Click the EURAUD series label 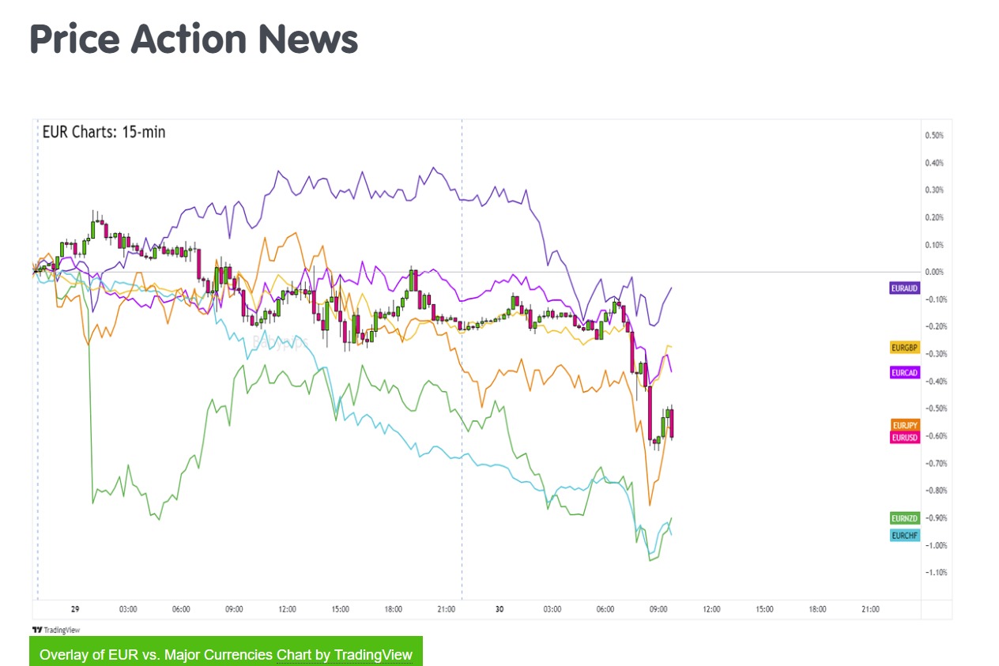click(904, 288)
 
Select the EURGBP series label click(904, 348)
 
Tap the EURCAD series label click(904, 372)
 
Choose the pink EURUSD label click(905, 438)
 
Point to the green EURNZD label click(905, 518)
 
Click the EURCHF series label click(905, 536)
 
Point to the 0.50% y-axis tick click(933, 136)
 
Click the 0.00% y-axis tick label click(933, 272)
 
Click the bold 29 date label click(75, 610)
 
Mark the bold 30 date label click(499, 610)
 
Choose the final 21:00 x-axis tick click(870, 610)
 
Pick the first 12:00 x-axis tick click(287, 610)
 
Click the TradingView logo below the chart click(55, 630)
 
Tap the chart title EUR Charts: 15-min click(104, 132)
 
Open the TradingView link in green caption click(373, 655)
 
